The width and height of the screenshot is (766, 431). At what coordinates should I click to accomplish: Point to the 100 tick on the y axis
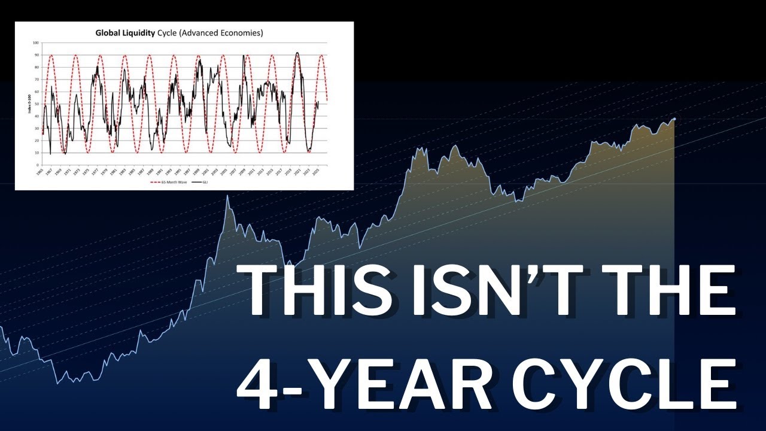tap(35, 43)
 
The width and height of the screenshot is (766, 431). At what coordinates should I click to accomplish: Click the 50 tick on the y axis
tap(37, 104)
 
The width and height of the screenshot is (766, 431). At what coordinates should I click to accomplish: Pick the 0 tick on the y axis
tap(38, 165)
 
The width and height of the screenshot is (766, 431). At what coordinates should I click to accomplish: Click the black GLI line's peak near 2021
tap(297, 53)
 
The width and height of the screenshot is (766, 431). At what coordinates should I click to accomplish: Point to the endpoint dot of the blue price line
tap(674, 119)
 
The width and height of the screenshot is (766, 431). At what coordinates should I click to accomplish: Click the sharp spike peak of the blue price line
tap(227, 196)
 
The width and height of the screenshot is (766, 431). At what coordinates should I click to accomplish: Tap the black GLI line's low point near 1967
tap(50, 154)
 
